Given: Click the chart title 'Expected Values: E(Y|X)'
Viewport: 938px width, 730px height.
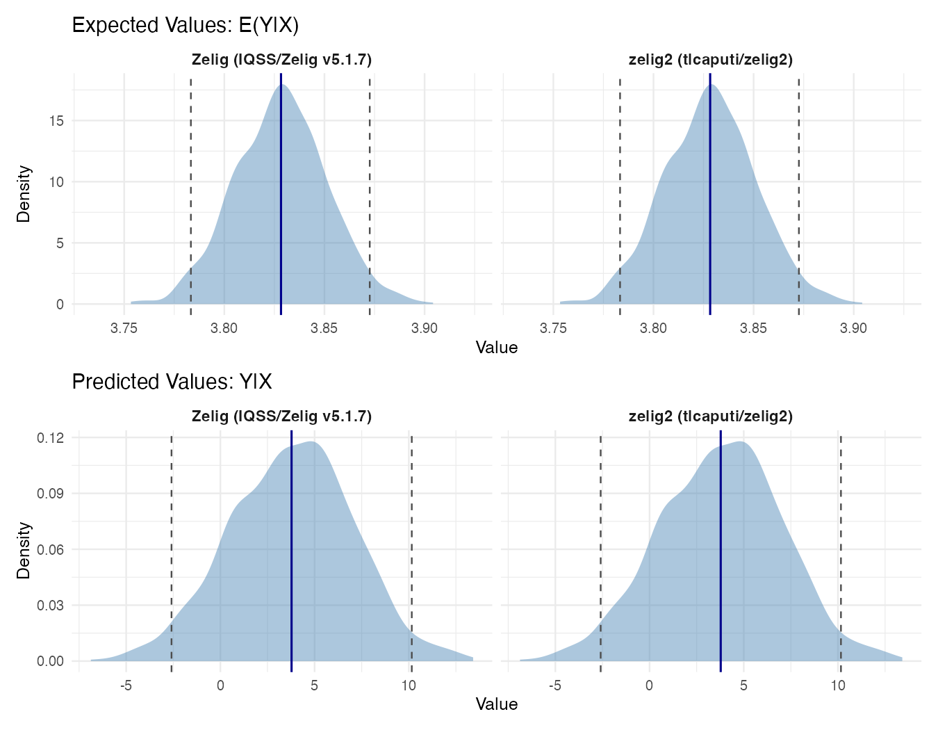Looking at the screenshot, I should point(185,26).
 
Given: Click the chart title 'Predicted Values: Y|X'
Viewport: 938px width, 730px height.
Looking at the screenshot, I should point(172,382).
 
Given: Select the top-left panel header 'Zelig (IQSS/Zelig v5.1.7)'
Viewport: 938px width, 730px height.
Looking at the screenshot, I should point(281,60).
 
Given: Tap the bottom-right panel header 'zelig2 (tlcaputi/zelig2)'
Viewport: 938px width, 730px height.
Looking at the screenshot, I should point(710,416).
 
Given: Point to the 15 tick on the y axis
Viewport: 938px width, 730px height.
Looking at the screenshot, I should point(56,121).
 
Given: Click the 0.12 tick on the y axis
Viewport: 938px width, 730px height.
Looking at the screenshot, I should point(51,438).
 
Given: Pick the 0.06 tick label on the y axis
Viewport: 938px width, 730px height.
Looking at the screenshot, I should point(51,550).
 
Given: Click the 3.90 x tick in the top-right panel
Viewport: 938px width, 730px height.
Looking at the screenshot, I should point(853,328).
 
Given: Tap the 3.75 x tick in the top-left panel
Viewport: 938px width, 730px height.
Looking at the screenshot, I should point(124,328).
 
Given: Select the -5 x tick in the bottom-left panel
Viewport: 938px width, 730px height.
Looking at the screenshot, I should point(126,685).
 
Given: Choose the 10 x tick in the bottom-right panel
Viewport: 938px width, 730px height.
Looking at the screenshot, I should point(838,685).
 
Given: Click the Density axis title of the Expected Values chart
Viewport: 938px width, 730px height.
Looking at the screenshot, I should point(24,193).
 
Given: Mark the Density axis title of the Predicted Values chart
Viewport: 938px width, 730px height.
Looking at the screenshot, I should point(24,550).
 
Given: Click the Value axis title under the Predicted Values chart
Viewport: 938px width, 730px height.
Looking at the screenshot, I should point(496,704).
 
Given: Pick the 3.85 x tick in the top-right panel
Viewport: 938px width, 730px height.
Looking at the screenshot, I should point(753,328).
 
